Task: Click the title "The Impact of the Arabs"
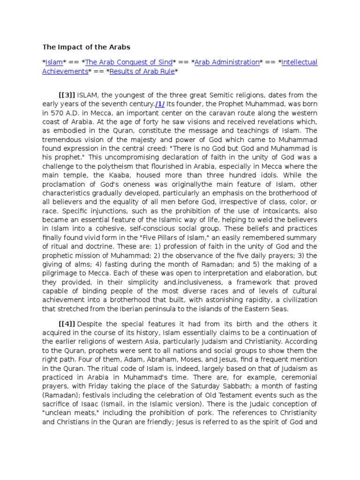coord(86,47)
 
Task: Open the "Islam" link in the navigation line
coord(53,62)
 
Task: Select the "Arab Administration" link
coord(227,62)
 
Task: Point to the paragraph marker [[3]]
coord(67,95)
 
